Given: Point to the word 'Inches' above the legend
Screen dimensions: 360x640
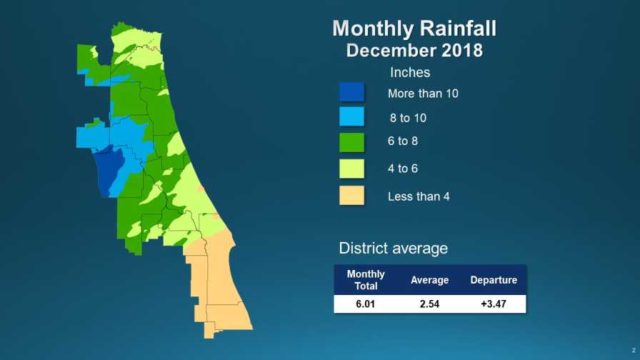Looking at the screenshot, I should (x=409, y=73).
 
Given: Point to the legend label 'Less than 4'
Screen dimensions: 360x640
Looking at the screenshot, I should (x=418, y=195).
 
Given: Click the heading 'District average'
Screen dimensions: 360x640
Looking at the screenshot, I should (x=392, y=248).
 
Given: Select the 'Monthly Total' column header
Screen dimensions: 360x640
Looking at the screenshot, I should (x=365, y=280).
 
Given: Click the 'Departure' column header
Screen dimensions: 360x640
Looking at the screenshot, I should (x=494, y=280).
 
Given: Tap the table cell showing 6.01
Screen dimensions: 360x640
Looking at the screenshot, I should (x=365, y=303).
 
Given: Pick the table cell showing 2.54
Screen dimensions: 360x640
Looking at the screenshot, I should (x=431, y=303).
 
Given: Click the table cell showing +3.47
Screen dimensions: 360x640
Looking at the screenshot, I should (x=494, y=303).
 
